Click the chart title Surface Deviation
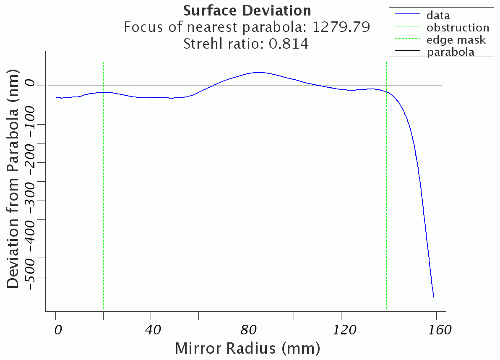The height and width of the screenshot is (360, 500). [247, 10]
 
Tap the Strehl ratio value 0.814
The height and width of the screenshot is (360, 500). [288, 43]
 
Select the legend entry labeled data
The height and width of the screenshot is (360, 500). [438, 16]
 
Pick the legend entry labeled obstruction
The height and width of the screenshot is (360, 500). [458, 28]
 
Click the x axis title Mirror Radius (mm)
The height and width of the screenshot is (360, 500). [247, 348]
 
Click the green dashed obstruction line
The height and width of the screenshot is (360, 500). [103, 189]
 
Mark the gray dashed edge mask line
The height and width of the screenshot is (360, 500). [386, 189]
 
